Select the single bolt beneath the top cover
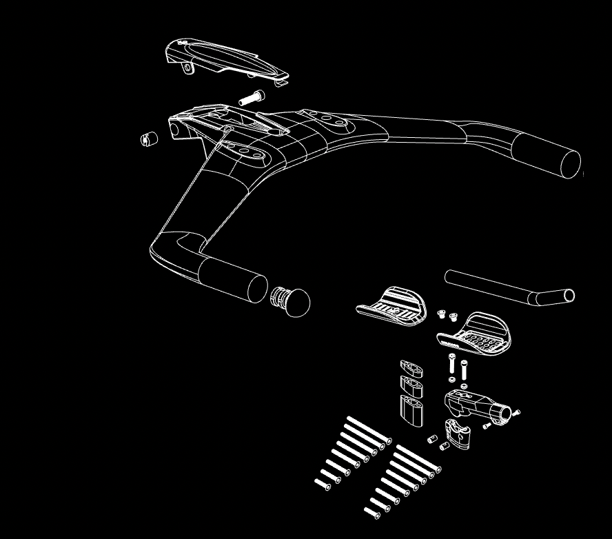click(252, 98)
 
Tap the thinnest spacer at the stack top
click(411, 367)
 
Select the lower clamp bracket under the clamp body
click(458, 430)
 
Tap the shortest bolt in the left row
click(322, 483)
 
